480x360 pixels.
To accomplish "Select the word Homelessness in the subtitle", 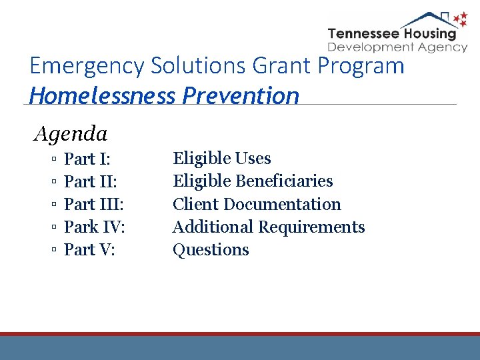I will [101, 95].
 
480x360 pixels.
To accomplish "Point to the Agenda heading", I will [71, 134].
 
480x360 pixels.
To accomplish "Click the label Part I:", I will [87, 159].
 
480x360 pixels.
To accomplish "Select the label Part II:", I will [91, 181].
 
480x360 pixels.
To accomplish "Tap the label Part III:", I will [94, 204].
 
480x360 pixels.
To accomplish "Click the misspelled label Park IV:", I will [95, 227].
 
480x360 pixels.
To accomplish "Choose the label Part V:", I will [89, 249].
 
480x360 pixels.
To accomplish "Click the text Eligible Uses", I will [221, 159].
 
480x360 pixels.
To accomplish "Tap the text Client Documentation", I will [257, 204].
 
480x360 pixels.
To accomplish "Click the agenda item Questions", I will [211, 249].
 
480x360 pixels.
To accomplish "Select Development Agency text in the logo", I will [397, 47].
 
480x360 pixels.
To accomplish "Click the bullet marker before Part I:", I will [53, 159].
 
